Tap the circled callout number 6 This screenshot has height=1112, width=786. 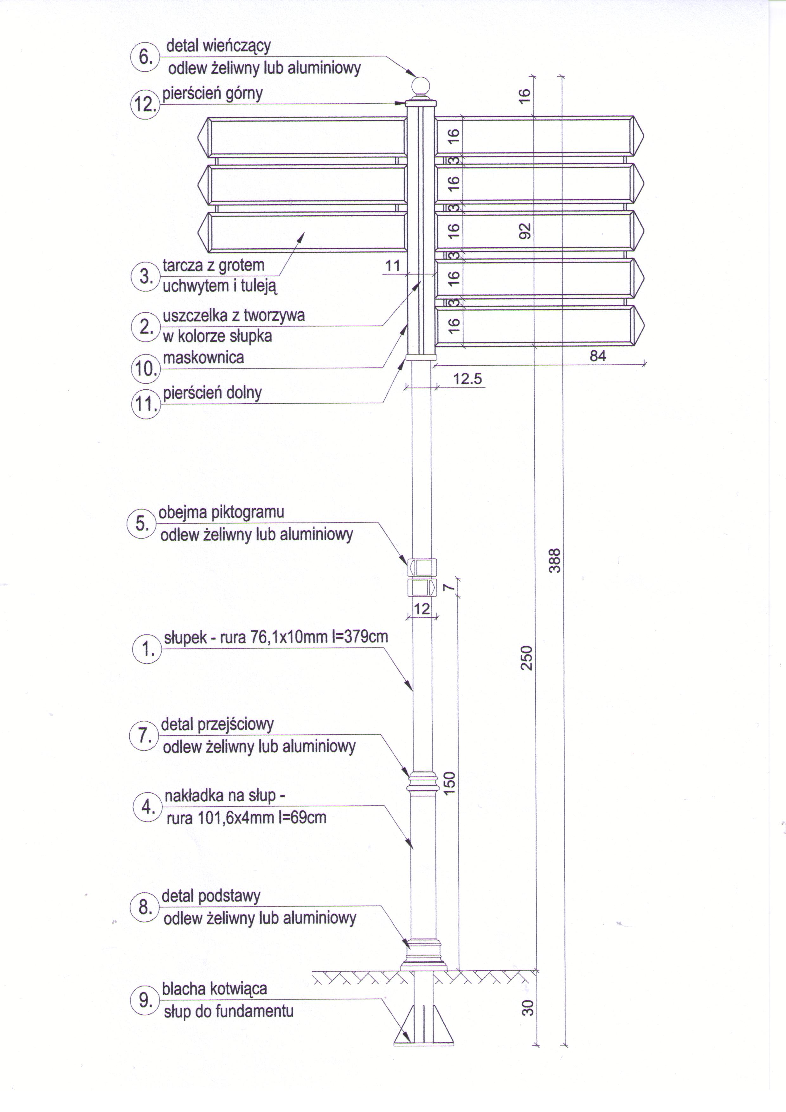click(144, 57)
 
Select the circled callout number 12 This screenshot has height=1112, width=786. click(144, 104)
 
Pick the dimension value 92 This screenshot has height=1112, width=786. click(525, 231)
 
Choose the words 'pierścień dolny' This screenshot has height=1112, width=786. click(212, 393)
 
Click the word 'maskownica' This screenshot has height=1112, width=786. click(203, 358)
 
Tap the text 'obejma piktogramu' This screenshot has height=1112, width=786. click(221, 512)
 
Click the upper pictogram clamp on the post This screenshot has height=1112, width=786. click(422, 567)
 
